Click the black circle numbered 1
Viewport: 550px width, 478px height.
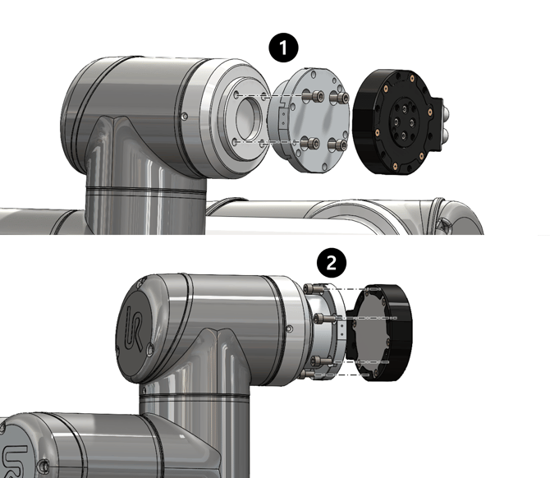tap(283, 48)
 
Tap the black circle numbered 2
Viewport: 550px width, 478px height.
tap(332, 263)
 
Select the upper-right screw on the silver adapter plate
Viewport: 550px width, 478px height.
tap(339, 97)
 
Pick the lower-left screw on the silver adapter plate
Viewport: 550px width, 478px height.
tap(311, 143)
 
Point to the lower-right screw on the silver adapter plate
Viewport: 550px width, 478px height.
tap(337, 145)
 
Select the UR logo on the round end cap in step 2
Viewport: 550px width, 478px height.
tap(135, 328)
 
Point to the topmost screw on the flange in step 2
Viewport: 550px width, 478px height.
tap(314, 289)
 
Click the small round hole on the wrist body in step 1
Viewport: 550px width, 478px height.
tap(185, 116)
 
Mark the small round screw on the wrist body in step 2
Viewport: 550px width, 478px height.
tap(290, 329)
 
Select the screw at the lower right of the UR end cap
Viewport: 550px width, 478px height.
tap(150, 348)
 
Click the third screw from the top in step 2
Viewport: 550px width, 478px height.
tap(321, 361)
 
